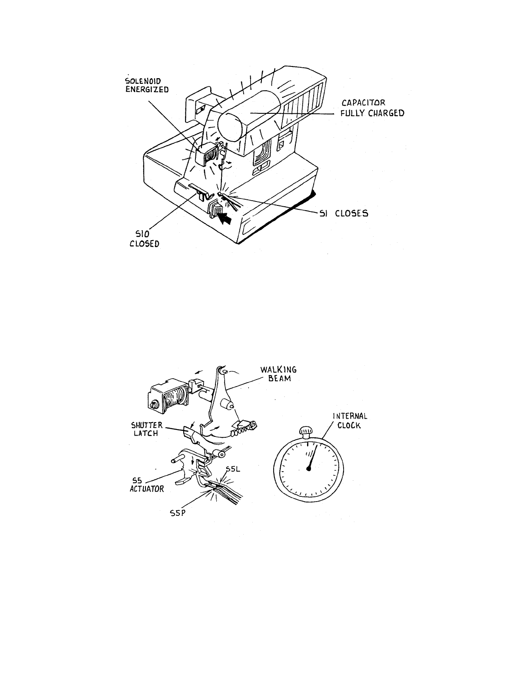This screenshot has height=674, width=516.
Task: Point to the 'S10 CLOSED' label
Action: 144,239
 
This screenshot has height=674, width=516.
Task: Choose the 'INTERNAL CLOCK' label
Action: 350,420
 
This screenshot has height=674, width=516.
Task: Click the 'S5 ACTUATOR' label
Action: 147,485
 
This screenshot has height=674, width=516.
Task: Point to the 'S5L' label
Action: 232,469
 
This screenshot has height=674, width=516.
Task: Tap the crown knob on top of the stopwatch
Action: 306,431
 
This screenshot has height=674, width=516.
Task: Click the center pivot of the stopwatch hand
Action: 308,468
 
